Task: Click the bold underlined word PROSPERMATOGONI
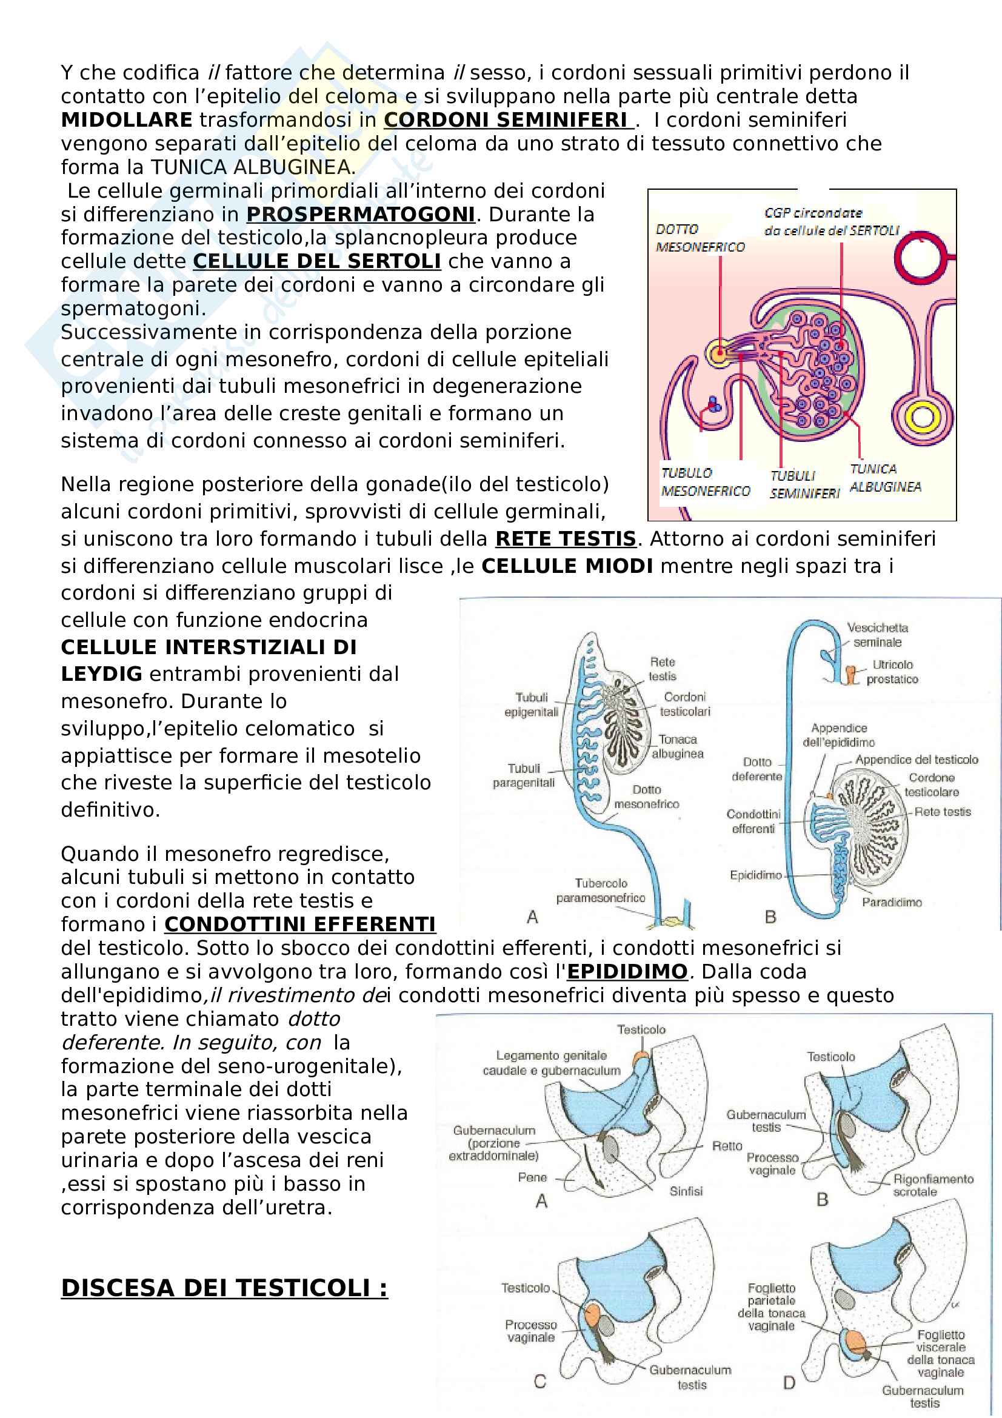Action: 361,214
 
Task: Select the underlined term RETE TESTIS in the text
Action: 566,538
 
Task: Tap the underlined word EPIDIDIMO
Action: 627,971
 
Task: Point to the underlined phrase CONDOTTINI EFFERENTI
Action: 300,924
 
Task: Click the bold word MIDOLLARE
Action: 127,120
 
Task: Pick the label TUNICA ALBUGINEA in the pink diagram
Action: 886,478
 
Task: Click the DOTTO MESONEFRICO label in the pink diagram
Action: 700,238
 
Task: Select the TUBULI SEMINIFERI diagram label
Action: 804,484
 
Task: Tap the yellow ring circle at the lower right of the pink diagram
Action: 923,416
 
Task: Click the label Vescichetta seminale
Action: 877,635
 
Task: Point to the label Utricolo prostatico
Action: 892,672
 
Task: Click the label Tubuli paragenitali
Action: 524,775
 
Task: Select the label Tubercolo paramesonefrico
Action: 600,891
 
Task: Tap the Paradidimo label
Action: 892,902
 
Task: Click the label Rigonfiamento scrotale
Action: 933,1185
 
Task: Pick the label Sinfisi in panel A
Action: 686,1191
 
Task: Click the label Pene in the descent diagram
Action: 532,1177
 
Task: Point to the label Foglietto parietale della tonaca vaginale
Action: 771,1306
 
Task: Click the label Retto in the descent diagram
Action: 727,1146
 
